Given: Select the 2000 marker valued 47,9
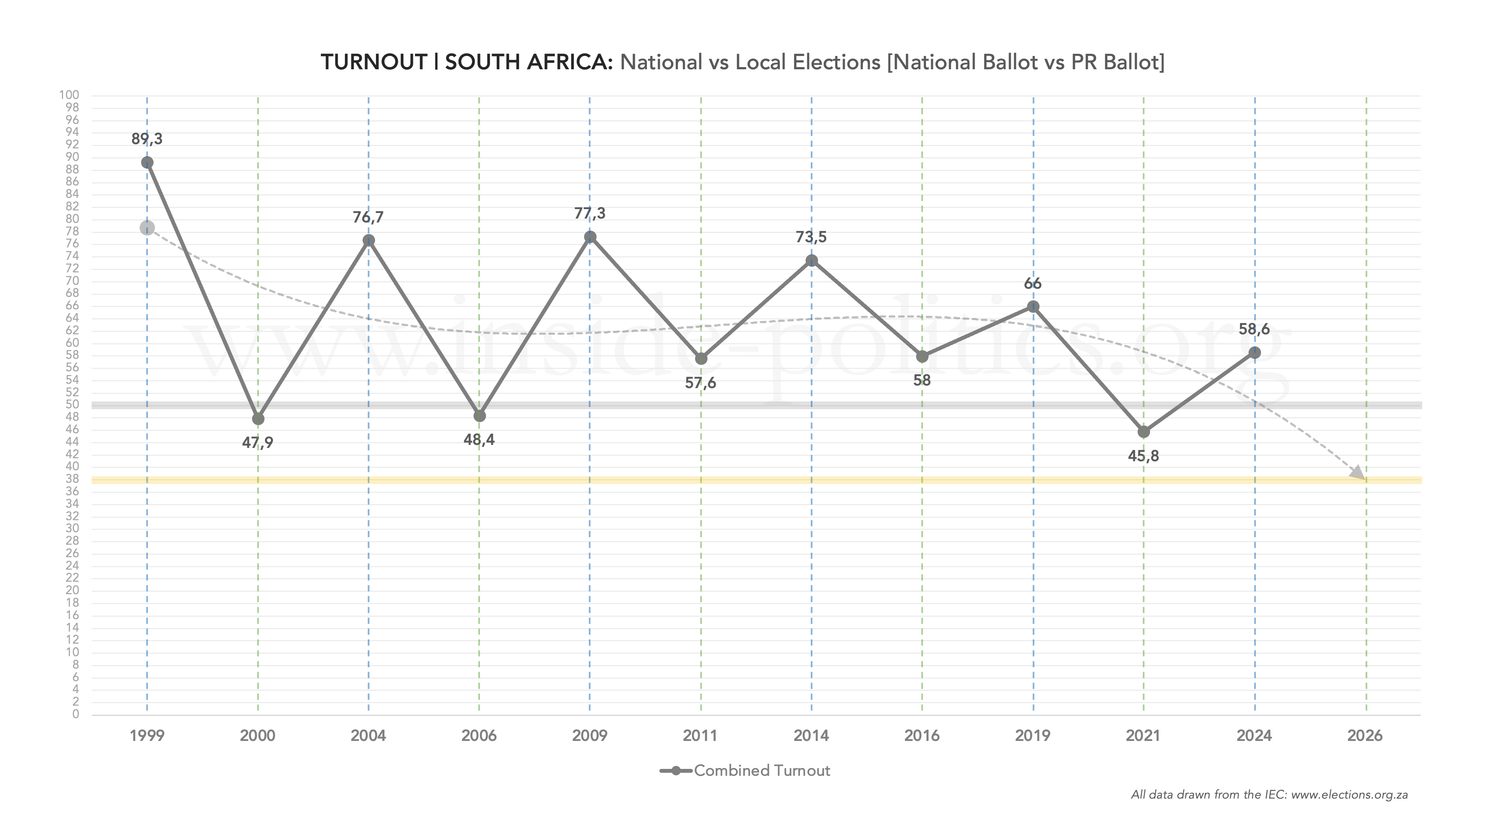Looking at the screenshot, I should coord(258,419).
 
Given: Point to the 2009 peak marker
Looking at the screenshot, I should coord(590,237).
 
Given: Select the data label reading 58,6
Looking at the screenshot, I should coord(1254,329).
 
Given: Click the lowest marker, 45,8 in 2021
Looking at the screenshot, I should coord(1143,432).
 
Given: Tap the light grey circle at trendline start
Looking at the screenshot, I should coord(147,228).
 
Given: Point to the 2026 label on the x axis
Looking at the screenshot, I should coord(1365,736).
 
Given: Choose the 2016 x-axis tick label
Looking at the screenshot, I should coord(922,736).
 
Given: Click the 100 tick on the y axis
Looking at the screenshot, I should coord(69,95).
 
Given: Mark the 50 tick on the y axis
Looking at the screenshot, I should coord(72,404).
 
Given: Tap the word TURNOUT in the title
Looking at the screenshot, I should coord(373,62).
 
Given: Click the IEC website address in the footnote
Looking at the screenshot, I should coord(1349,795).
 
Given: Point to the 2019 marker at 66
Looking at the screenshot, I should coord(1033,306).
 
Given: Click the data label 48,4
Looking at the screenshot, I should coord(479,440).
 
